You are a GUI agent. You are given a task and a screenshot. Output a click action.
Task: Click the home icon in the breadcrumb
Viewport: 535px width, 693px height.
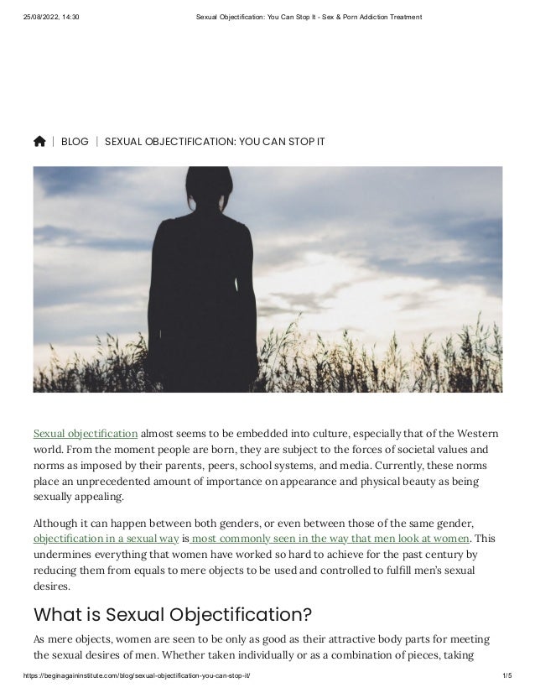(39, 142)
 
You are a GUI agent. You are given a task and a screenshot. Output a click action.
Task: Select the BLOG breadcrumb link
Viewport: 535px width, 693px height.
(75, 142)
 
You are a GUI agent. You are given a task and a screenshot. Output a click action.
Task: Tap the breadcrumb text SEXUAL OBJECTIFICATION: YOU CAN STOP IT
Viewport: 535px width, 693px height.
(215, 142)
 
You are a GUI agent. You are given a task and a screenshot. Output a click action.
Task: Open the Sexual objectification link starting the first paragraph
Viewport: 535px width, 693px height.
(86, 434)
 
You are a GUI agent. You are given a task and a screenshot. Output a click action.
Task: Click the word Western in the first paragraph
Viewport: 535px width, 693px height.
(477, 434)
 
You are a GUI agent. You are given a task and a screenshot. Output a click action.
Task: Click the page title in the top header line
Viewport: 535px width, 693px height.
(302, 18)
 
